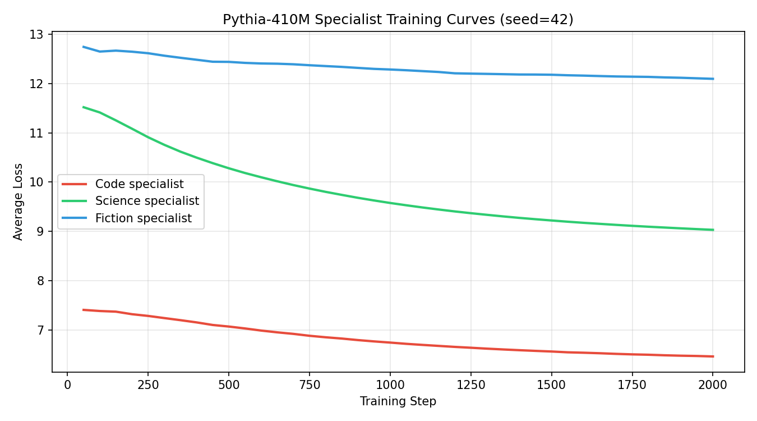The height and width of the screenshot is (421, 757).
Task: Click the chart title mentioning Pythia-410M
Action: pos(398,20)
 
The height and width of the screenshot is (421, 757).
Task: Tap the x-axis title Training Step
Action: pos(398,401)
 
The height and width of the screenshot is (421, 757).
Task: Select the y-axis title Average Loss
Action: pos(19,202)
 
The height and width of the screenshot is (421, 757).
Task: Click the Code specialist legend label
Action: pos(139,184)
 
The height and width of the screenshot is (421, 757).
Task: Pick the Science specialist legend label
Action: pos(147,201)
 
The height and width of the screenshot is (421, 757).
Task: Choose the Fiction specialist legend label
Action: pos(144,218)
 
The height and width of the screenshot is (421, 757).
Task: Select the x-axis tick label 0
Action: pos(67,385)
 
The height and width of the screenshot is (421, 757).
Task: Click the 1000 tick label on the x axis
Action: pos(390,385)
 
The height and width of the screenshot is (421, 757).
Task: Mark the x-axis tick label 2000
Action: pos(713,385)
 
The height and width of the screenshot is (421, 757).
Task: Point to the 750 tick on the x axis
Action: pos(309,385)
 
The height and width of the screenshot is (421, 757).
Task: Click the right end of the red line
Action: pos(713,356)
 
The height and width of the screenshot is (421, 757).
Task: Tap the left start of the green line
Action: pos(84,107)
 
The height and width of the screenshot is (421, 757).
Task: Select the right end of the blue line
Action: pos(713,79)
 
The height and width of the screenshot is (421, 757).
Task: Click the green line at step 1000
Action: pos(390,203)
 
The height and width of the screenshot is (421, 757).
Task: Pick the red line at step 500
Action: pos(228,326)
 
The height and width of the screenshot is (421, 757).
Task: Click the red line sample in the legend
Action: pos(75,184)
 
